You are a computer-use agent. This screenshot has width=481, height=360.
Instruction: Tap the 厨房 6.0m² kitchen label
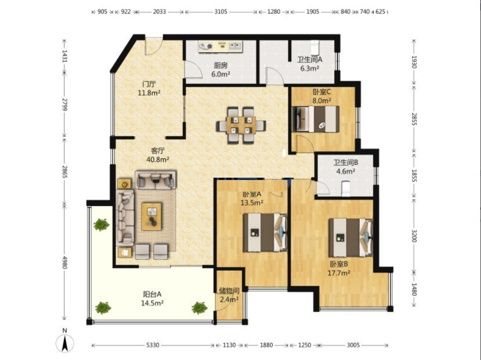220,70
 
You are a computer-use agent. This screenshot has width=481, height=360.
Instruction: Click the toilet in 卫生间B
346,189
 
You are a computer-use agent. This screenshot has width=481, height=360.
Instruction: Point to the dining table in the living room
241,125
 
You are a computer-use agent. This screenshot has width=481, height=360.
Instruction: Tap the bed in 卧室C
316,119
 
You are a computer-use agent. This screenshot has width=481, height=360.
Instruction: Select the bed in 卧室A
265,233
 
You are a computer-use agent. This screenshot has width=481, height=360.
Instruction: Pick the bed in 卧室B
350,237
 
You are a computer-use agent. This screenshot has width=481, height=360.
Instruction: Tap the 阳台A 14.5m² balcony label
152,298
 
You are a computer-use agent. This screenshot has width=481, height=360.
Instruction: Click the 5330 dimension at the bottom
153,345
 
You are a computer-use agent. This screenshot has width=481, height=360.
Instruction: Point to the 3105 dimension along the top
220,12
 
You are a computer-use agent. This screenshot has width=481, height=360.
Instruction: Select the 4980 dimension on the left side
64,262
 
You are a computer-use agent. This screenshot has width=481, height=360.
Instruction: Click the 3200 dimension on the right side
414,236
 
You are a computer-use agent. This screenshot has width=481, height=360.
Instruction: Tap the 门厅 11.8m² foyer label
149,88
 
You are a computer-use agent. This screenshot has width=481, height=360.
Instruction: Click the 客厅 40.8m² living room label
158,155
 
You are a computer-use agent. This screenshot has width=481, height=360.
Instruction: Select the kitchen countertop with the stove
220,46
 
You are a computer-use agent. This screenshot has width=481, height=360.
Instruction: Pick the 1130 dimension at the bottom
229,345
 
